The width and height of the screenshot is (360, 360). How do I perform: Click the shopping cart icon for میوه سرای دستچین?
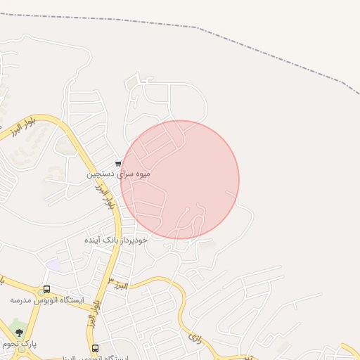pos(117,164)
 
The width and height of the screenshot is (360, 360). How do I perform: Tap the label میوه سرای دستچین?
pos(118,174)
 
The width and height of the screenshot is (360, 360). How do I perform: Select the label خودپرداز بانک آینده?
pos(116,240)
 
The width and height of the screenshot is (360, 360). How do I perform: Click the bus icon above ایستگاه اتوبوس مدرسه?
pos(46,289)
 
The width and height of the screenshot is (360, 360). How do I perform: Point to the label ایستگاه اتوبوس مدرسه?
pos(46,300)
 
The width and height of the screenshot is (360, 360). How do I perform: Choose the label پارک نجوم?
pos(19,344)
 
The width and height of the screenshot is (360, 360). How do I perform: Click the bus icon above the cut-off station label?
pos(95,348)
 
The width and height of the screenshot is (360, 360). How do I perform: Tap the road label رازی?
pos(195,339)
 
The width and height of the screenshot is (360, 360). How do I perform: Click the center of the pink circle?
pos(180,180)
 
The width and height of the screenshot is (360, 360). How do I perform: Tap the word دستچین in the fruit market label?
pos(100,174)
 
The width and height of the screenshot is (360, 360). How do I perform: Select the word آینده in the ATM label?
pos(94,240)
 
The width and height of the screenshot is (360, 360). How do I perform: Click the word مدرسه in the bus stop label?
pos(23,300)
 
